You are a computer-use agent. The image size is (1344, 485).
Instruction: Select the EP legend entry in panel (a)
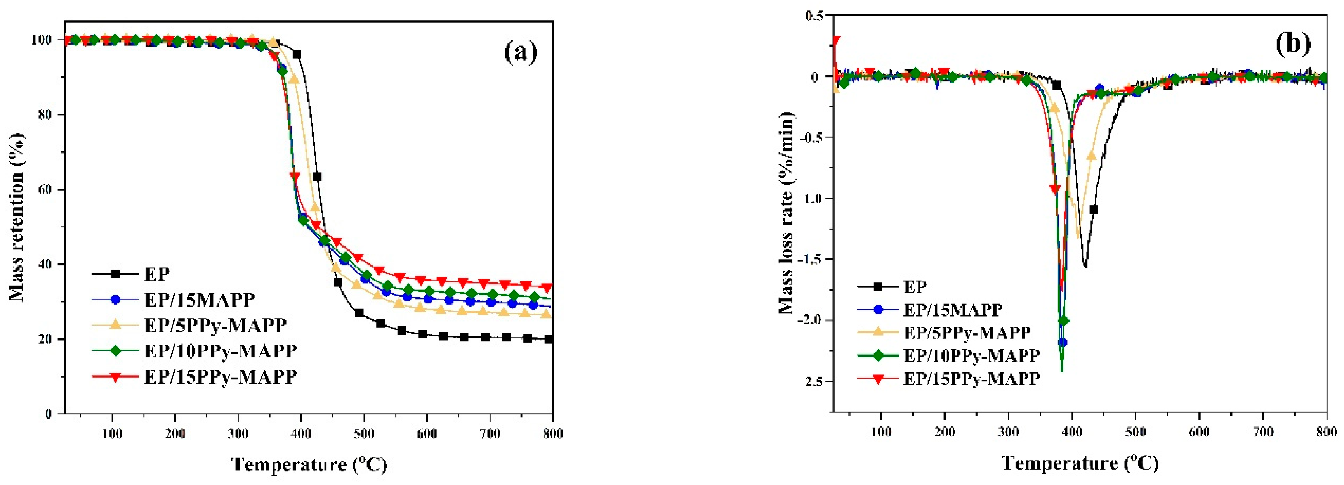(156, 274)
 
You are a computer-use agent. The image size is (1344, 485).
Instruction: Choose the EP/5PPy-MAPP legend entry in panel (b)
(967, 332)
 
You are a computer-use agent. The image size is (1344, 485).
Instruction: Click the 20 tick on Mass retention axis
(47, 339)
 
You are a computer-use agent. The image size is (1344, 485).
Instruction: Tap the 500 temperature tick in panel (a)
(364, 433)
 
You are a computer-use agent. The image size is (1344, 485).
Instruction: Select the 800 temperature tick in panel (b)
(1326, 432)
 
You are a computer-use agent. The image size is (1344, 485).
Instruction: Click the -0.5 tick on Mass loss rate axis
(809, 137)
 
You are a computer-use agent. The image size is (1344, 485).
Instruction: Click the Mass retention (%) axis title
(17, 217)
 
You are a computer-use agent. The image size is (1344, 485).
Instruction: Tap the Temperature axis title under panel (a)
(309, 464)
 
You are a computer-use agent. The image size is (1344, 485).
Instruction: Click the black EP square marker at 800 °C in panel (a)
(548, 339)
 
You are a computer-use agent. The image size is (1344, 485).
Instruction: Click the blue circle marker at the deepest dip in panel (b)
(1062, 342)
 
